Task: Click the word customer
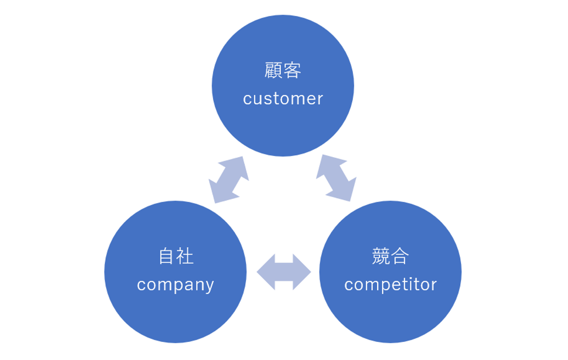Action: click(x=283, y=99)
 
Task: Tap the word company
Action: click(x=176, y=285)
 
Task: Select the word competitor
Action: click(x=390, y=285)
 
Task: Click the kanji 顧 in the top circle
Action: click(x=273, y=70)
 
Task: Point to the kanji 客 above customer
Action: click(x=292, y=70)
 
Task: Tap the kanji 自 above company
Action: click(x=166, y=256)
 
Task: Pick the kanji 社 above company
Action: click(x=185, y=256)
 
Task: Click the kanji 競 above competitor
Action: click(x=381, y=256)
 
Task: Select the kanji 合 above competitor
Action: click(x=400, y=256)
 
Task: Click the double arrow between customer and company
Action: click(x=229, y=180)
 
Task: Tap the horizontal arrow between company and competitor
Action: click(x=284, y=272)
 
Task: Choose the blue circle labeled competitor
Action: click(x=390, y=316)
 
